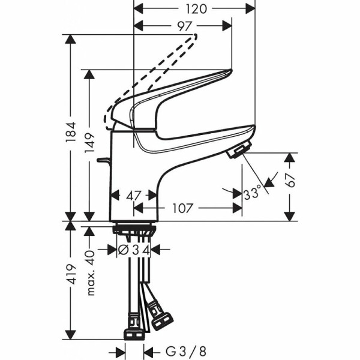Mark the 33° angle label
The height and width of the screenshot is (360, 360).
point(253,194)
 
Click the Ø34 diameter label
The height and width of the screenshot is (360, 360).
point(133,249)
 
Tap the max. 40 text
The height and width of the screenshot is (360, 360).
point(90,274)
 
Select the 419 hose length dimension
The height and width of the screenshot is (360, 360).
point(71,276)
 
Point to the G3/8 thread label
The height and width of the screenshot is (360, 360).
point(178,351)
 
